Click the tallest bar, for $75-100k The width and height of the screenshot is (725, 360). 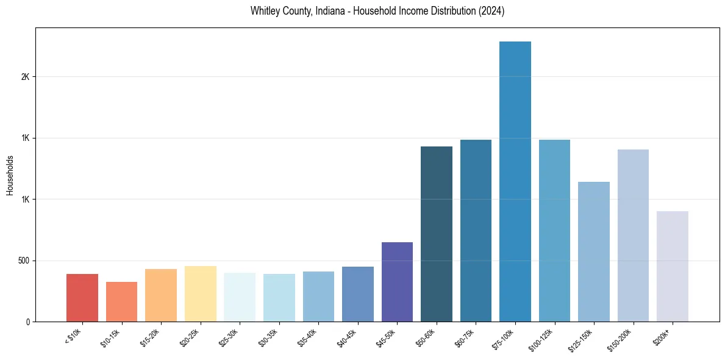[515, 181]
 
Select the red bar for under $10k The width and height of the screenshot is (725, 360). [82, 298]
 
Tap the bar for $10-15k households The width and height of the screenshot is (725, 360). [121, 301]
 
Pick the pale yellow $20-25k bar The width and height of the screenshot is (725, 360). [201, 293]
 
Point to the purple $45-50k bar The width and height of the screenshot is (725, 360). [397, 282]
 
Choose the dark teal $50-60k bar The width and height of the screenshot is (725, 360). [437, 234]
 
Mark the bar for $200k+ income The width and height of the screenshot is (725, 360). [673, 266]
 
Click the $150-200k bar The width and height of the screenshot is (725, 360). [633, 236]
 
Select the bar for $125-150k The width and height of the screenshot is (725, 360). [594, 251]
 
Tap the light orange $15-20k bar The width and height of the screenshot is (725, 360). [161, 295]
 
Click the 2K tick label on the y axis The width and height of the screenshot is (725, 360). [25, 77]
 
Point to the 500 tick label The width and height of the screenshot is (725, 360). [23, 261]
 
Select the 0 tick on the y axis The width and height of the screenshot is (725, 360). [27, 322]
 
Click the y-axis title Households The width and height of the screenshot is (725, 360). [10, 175]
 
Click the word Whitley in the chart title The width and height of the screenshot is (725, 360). [263, 11]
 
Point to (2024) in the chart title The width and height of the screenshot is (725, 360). [491, 11]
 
